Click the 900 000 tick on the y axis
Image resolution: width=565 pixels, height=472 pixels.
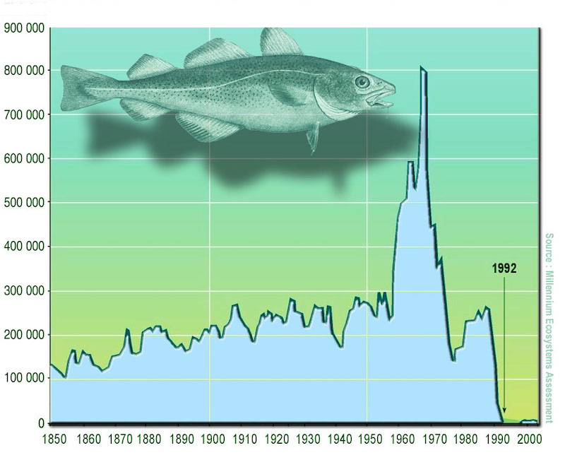[x=24, y=28]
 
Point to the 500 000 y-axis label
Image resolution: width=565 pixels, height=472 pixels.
[x=24, y=202]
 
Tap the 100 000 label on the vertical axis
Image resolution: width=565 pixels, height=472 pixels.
[x=24, y=379]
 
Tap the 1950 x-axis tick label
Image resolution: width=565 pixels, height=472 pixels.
[x=368, y=439]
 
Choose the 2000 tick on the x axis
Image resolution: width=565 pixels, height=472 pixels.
[x=527, y=439]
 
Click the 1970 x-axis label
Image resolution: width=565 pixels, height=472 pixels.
[x=432, y=439]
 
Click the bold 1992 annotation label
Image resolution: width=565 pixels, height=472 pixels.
[x=505, y=268]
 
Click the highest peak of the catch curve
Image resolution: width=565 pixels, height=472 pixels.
[x=422, y=68]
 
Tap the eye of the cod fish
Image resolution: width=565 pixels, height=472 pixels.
[x=362, y=81]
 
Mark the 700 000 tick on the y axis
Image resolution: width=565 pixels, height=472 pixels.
[x=24, y=114]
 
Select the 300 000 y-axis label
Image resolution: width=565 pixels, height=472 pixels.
[x=24, y=290]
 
